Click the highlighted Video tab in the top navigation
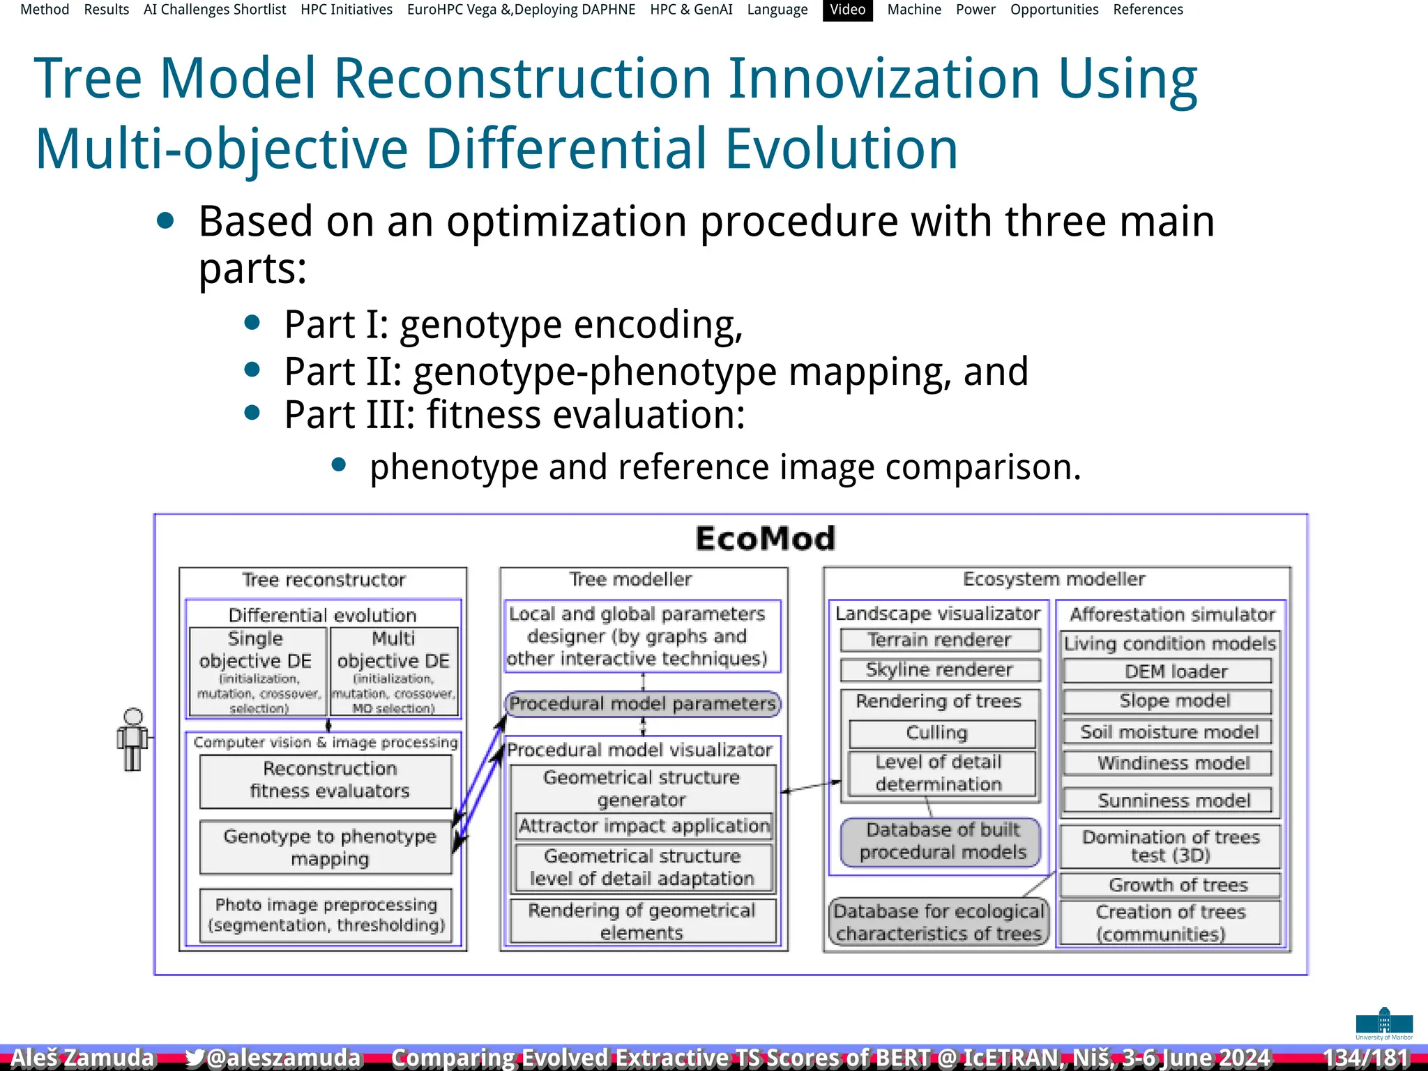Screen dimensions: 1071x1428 [x=847, y=10]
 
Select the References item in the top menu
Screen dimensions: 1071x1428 [x=1148, y=10]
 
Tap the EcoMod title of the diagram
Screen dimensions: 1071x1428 [x=765, y=539]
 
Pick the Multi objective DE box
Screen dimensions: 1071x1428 [x=394, y=671]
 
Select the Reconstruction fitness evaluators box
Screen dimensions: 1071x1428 [x=329, y=780]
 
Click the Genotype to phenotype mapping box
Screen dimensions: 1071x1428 [x=329, y=847]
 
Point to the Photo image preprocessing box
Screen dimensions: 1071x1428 [x=326, y=915]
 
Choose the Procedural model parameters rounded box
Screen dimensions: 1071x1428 [x=642, y=704]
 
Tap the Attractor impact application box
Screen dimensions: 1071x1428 [x=644, y=826]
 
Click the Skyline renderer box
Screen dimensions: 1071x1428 [x=939, y=670]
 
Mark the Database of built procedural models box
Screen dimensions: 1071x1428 [x=941, y=842]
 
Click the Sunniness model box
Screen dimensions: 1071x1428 [x=1173, y=800]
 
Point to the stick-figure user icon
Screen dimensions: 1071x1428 [x=132, y=739]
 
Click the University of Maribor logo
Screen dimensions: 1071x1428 [x=1383, y=1024]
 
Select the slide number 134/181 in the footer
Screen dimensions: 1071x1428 [x=1365, y=1058]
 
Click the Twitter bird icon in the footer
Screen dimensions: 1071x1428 [x=195, y=1058]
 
